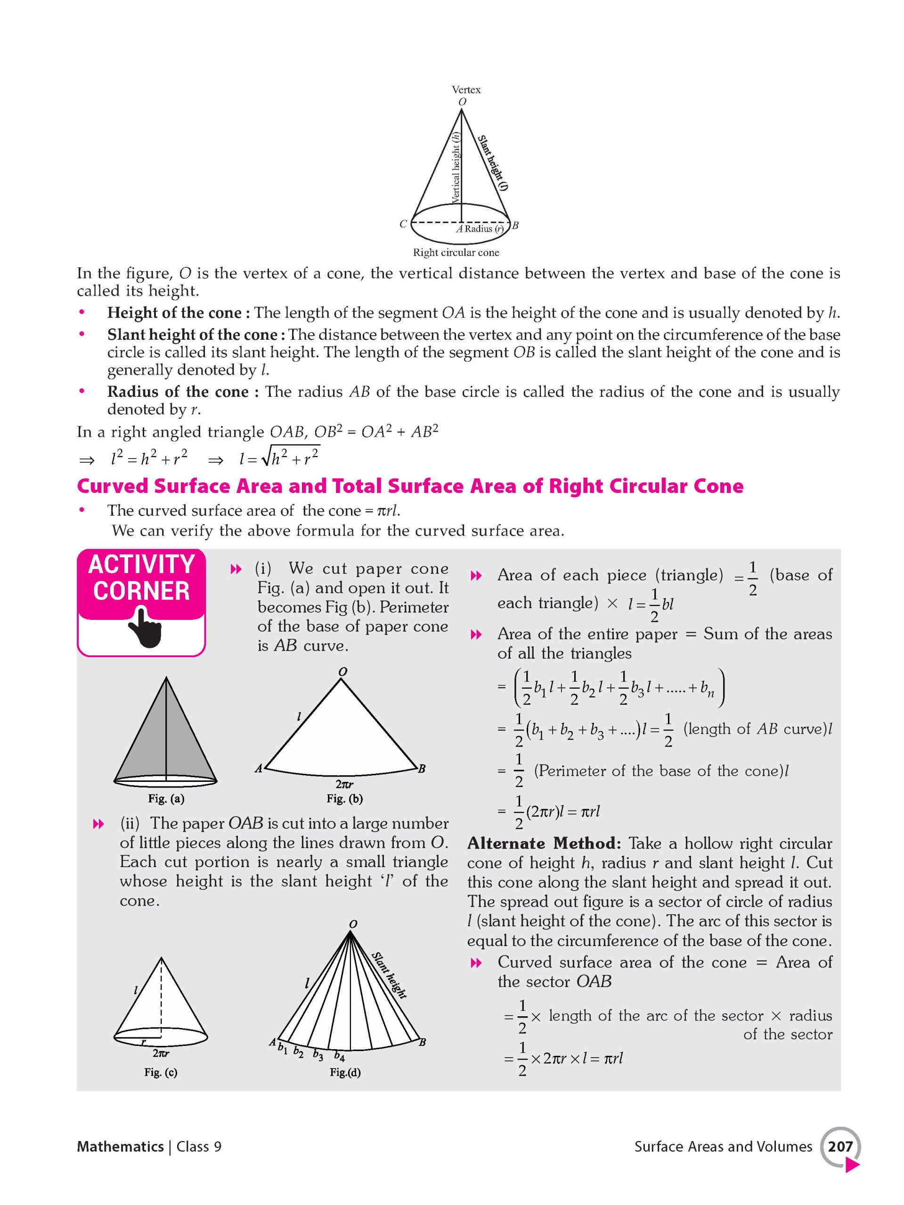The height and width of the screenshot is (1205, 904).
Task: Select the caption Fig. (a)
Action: pos(166,799)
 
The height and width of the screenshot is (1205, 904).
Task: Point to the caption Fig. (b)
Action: pos(344,799)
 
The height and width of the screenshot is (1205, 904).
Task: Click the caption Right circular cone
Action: pos(456,253)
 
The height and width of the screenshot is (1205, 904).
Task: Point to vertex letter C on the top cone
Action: pos(403,224)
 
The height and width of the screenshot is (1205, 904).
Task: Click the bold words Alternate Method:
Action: pos(544,843)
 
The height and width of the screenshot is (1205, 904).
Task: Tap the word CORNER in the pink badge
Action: pos(141,591)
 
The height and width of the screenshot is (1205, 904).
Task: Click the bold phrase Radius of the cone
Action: pos(177,392)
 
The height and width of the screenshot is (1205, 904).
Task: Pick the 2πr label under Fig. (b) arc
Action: pos(344,784)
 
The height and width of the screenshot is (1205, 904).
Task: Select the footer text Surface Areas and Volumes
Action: pos(723,1147)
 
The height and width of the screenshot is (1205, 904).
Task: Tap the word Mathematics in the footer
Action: pos(120,1147)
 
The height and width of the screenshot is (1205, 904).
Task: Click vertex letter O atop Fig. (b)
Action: pos(342,672)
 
